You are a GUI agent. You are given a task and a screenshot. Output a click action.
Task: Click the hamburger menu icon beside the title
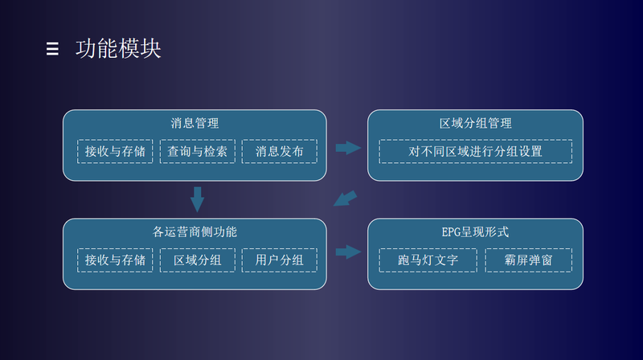pyautogui.click(x=52, y=49)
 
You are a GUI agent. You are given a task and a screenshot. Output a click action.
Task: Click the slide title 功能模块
pyautogui.click(x=118, y=49)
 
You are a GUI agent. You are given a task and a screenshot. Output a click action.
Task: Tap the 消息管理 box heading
pyautogui.click(x=195, y=123)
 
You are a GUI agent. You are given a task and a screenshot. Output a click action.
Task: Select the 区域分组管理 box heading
pyautogui.click(x=475, y=123)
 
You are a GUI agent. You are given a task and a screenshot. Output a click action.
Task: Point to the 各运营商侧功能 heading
pyautogui.click(x=195, y=231)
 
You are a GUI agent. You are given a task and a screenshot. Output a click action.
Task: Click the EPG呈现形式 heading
pyautogui.click(x=475, y=231)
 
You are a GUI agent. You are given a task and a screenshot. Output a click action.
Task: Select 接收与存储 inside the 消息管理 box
pyautogui.click(x=115, y=151)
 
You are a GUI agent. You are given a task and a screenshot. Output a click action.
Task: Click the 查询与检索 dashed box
pyautogui.click(x=197, y=151)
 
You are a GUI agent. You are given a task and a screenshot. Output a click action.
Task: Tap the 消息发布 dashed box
pyautogui.click(x=279, y=151)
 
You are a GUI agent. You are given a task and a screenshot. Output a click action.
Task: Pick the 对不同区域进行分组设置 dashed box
pyautogui.click(x=475, y=151)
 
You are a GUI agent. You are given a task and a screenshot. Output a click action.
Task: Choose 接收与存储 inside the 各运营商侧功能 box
pyautogui.click(x=115, y=260)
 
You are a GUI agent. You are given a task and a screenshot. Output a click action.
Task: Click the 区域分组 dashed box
pyautogui.click(x=197, y=260)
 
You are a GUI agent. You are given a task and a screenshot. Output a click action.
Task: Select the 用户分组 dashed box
pyautogui.click(x=279, y=260)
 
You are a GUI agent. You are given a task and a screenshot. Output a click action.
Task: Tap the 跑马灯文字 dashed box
pyautogui.click(x=428, y=260)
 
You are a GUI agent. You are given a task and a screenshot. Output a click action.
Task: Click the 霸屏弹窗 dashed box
pyautogui.click(x=528, y=260)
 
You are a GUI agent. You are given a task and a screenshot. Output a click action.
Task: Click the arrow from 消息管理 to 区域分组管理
pyautogui.click(x=348, y=148)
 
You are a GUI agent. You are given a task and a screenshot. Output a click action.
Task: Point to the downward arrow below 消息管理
pyautogui.click(x=197, y=199)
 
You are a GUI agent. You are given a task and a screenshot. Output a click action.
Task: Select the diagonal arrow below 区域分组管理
pyautogui.click(x=346, y=198)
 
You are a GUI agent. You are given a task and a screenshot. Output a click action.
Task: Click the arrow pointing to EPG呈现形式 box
pyautogui.click(x=348, y=252)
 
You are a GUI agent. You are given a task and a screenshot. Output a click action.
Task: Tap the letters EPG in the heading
pyautogui.click(x=451, y=232)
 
